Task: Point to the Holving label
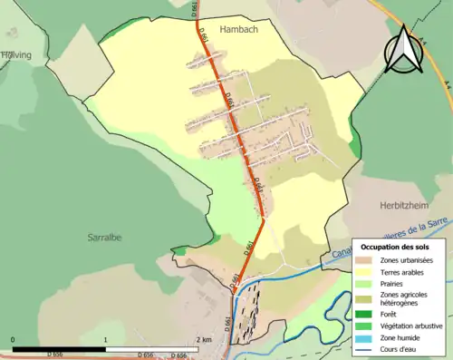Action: [15, 55]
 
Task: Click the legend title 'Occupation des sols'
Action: [395, 247]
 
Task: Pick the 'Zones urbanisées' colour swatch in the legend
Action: [367, 260]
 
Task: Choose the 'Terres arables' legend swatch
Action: [367, 271]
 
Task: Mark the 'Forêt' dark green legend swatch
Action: [367, 315]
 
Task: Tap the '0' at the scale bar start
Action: [13, 339]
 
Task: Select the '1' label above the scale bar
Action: [106, 339]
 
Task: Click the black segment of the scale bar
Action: [59, 349]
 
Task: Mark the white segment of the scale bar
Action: [152, 349]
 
